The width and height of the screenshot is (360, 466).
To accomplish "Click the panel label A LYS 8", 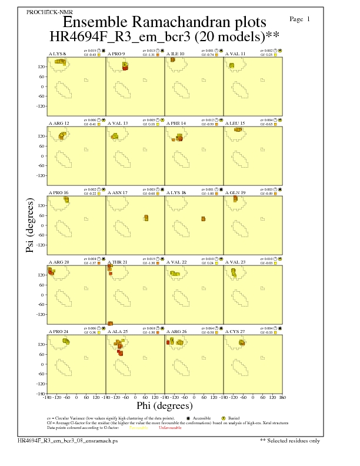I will pos(57,54).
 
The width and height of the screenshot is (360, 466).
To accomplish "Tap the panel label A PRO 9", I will pos(116,54).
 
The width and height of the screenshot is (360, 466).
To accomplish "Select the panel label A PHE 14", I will pos(176,123).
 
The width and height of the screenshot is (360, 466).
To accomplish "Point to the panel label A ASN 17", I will pos(118,192).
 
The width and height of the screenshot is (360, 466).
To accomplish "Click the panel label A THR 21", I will pos(118,261).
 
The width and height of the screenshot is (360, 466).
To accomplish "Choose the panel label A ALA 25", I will pos(118,331).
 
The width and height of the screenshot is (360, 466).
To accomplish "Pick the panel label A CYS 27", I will pos(235,331).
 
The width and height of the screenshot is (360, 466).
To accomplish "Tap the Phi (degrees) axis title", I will pos(165,405).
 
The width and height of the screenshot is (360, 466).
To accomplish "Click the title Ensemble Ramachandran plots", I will pos(164,23).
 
